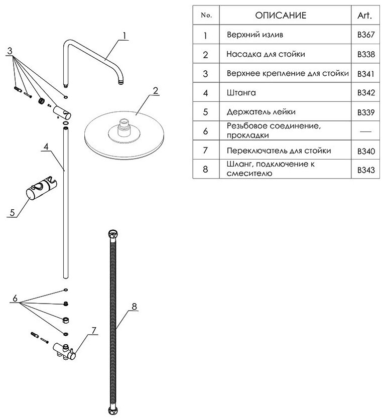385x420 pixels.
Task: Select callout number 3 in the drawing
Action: point(10,51)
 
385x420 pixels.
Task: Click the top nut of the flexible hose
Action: point(113,234)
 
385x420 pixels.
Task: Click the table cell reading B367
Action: point(365,36)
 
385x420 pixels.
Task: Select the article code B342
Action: point(365,93)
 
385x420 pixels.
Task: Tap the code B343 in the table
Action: point(365,170)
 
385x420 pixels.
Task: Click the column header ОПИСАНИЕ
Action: point(280,16)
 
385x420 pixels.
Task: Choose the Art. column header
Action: point(365,16)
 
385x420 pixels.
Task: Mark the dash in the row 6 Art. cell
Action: point(365,131)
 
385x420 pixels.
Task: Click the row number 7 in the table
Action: point(205,151)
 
